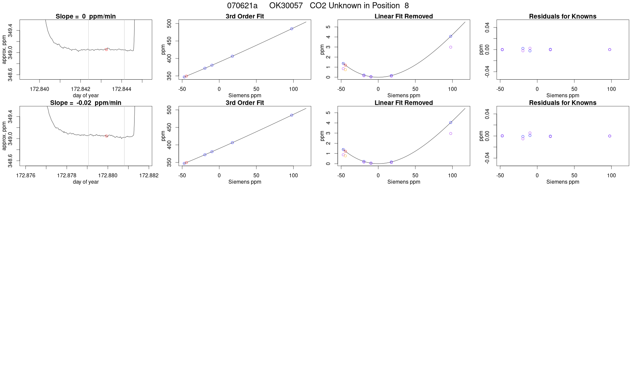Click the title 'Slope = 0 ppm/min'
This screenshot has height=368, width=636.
tap(86, 16)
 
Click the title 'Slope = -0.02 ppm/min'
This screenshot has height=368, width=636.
tap(86, 103)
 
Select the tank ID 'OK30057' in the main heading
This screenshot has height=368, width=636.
tap(286, 6)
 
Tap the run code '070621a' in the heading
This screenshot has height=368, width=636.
tap(242, 6)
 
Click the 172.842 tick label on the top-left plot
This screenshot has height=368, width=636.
tap(81, 89)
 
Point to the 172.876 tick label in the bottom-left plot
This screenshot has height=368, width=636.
tap(26, 175)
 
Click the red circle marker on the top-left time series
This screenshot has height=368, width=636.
tap(106, 50)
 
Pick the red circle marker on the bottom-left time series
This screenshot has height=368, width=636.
tap(106, 136)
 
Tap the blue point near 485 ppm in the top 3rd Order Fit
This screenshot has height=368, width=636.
tap(292, 29)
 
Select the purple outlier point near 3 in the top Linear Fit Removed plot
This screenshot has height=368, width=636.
tap(451, 47)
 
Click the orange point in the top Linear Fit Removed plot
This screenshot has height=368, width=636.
tap(345, 70)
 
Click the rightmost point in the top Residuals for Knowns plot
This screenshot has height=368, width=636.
tap(610, 50)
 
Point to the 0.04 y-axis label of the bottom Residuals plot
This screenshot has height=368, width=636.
tap(487, 114)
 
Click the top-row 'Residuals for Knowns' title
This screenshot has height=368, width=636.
tap(562, 16)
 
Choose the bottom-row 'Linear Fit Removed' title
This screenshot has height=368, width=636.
tap(403, 103)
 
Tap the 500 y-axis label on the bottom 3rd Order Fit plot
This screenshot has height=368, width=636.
tap(169, 110)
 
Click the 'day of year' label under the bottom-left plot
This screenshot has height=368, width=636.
tap(86, 182)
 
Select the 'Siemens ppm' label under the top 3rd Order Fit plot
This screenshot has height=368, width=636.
tap(245, 96)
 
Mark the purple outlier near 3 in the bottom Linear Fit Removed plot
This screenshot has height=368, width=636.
tap(451, 133)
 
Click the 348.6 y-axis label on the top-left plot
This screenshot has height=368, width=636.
tap(10, 74)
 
